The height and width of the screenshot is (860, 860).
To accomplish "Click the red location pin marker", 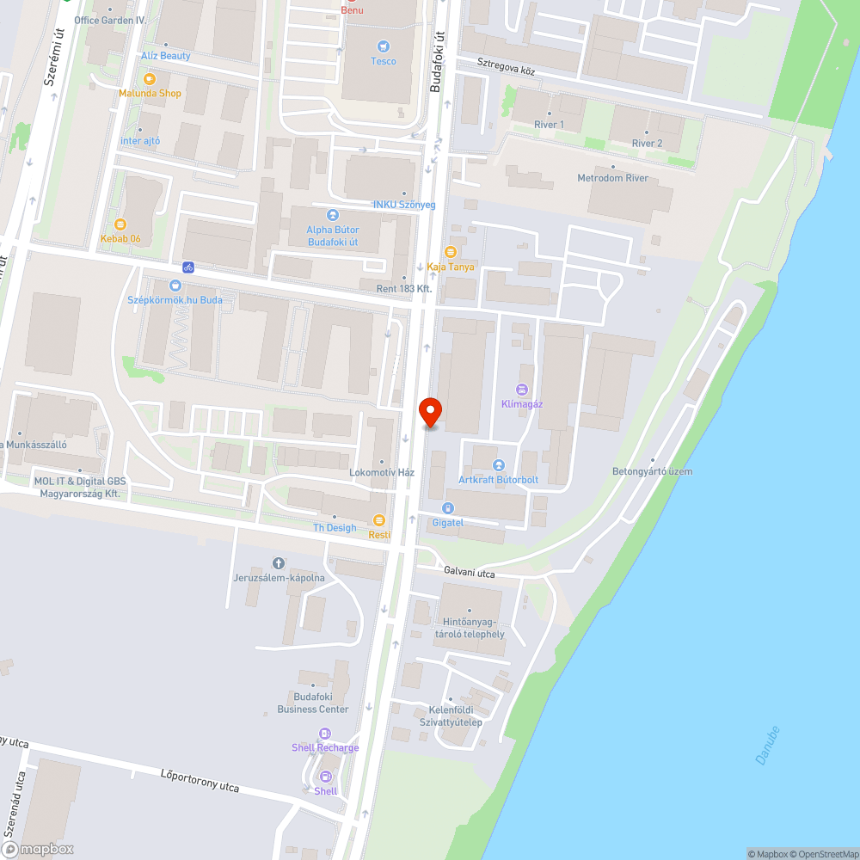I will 429,411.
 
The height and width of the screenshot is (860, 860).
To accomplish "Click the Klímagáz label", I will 522,403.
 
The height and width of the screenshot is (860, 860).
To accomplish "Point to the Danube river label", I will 767,746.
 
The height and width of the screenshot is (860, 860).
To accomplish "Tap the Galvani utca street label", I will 469,571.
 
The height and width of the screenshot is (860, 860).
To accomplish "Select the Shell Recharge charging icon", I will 325,734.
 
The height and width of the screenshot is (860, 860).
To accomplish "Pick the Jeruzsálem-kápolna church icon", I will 278,562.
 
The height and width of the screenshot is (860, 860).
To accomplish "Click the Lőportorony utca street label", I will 200,780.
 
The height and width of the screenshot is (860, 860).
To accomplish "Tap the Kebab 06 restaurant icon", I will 120,224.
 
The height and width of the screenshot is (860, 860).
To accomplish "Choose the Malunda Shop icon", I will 150,78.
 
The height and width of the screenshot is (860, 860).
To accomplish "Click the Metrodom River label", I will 612,178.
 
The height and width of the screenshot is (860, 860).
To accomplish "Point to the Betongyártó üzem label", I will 652,471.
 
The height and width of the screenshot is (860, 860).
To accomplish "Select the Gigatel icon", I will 448,508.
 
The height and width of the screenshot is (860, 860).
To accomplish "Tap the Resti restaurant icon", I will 379,519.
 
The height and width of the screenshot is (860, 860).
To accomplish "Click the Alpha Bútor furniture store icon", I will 333,215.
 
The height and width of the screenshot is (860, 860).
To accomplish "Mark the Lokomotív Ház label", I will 382,472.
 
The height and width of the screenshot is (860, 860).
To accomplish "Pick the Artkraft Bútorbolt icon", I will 499,465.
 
